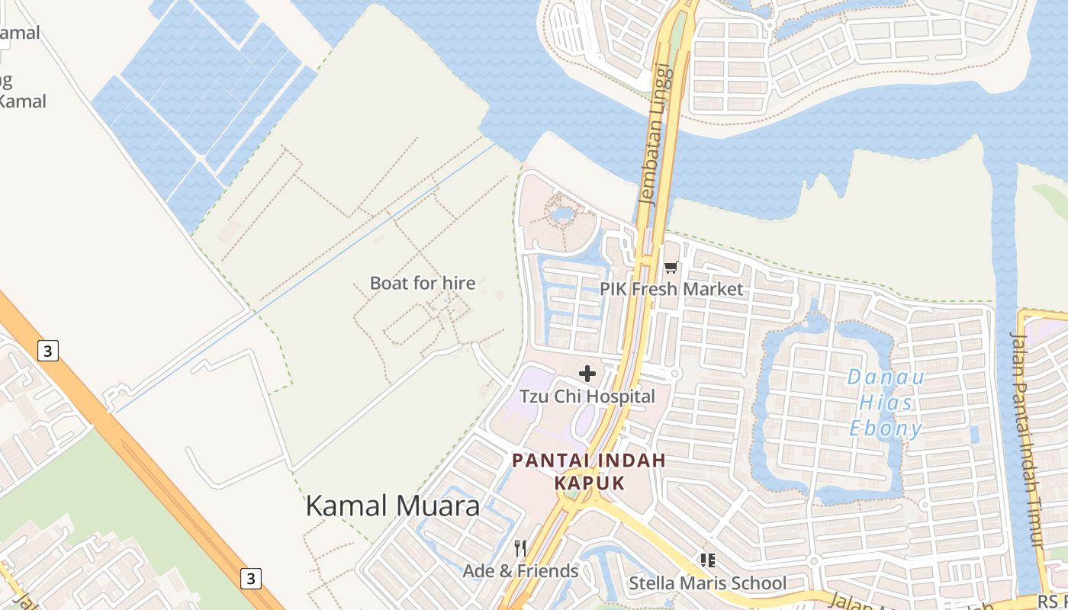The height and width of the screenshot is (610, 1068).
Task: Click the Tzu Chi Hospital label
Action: [587, 396]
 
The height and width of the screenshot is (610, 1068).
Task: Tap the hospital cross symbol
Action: [587, 374]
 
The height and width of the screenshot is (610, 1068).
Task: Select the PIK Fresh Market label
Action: [671, 289]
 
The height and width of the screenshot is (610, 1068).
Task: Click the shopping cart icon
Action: [671, 267]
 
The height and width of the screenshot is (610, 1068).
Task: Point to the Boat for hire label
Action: [422, 283]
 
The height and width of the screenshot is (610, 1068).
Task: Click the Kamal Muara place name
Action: [392, 506]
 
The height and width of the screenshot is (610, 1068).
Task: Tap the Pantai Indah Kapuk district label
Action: [589, 471]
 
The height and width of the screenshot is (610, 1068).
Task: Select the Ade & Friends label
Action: [520, 570]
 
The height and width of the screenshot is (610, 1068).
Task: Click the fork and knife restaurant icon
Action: [520, 547]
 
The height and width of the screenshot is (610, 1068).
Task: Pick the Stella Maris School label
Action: [707, 583]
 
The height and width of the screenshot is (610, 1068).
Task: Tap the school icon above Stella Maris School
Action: [707, 560]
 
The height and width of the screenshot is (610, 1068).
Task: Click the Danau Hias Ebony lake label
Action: [886, 403]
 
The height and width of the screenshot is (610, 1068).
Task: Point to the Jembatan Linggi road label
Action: [657, 134]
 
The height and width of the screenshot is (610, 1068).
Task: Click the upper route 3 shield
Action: [48, 351]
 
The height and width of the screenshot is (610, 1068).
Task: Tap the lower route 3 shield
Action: [250, 578]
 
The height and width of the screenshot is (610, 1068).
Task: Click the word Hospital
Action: [619, 396]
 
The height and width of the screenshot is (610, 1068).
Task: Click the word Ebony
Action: [886, 429]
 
